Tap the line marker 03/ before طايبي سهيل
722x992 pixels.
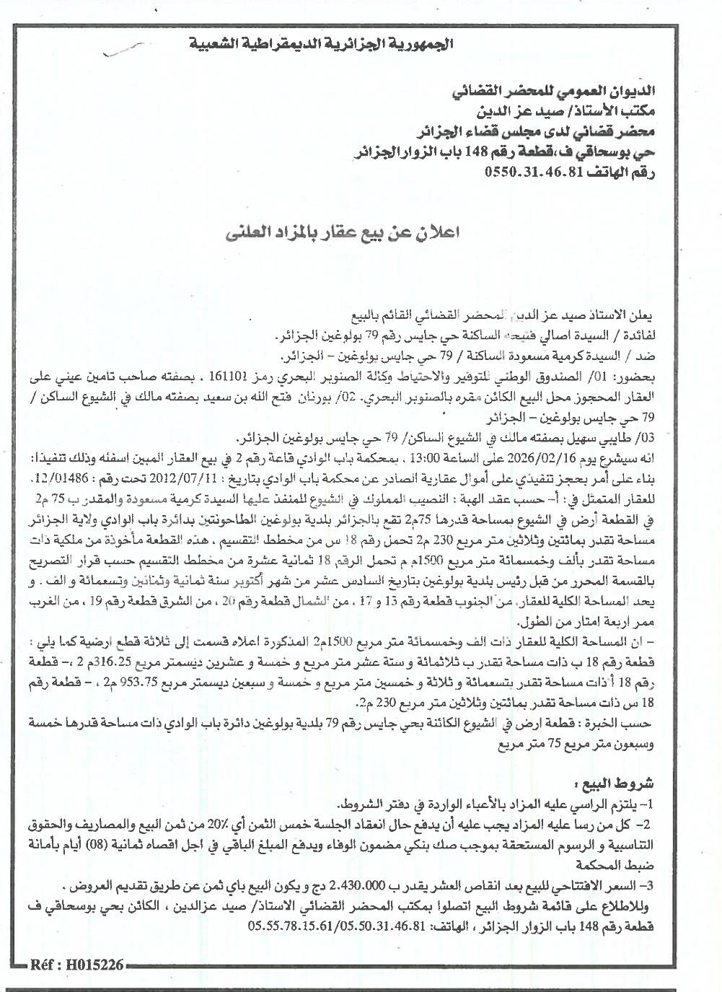click(x=700, y=439)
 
